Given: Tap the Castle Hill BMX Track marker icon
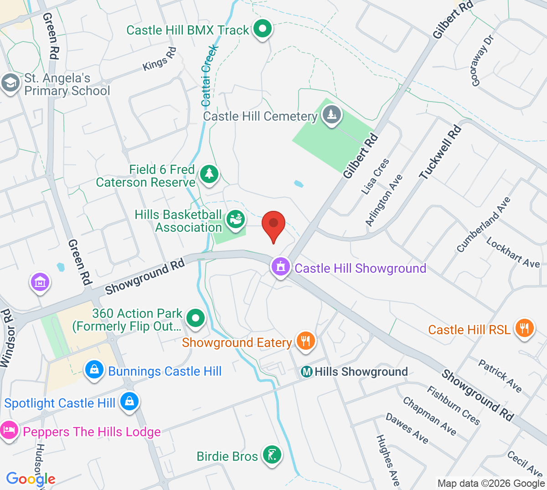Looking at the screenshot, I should tap(262, 30).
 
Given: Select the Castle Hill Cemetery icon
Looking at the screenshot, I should tap(332, 114).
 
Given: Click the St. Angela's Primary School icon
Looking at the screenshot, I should tap(10, 84).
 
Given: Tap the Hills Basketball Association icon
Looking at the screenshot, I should tap(236, 219).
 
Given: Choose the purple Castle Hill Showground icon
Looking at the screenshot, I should tap(281, 267).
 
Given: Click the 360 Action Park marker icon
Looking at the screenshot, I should tap(196, 318).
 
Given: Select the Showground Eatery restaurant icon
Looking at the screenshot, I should tap(305, 341).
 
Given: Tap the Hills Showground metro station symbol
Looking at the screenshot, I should tap(307, 372).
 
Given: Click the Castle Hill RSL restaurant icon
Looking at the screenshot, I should tap(524, 328).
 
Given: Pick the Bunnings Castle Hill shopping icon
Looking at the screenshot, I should tap(94, 370).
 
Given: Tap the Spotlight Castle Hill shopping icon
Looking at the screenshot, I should tap(129, 402).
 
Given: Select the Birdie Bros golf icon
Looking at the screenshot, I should tap(272, 455).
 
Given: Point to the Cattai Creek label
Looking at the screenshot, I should tap(209, 75).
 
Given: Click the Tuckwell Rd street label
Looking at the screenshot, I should tap(440, 152).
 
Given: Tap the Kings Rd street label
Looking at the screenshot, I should tap(160, 59).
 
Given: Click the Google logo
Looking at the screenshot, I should tap(31, 479).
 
